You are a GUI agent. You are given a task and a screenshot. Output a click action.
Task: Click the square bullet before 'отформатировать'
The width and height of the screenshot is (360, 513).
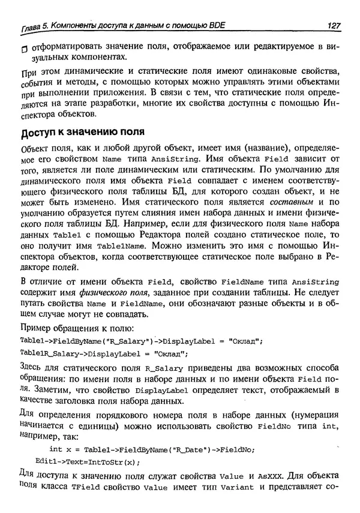click(x=23, y=49)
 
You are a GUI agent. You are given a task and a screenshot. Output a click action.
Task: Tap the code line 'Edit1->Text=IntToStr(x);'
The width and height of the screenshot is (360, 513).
click(x=88, y=462)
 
